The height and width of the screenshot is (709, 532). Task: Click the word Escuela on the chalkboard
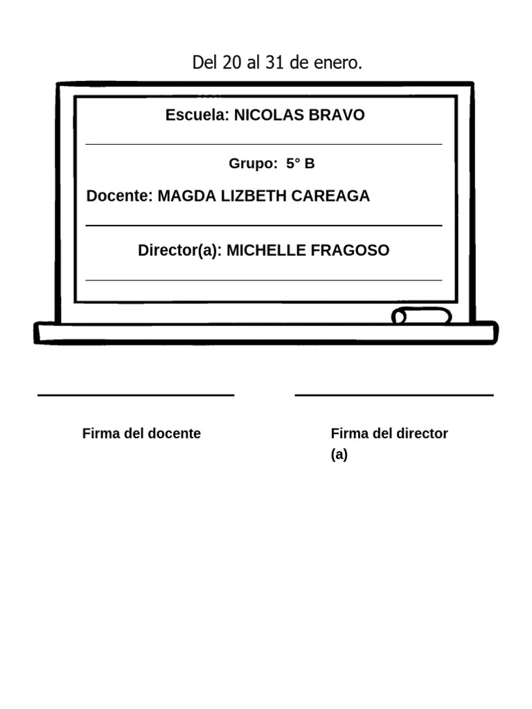point(197,115)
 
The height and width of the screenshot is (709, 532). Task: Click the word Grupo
point(252,163)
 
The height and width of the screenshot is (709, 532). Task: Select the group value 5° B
point(301,163)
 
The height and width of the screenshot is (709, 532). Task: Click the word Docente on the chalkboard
point(118,196)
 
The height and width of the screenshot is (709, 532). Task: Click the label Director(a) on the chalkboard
point(179,250)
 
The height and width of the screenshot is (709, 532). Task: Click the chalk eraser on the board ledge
point(421,316)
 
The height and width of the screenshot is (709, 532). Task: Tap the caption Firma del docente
point(141,433)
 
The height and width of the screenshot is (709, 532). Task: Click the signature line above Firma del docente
point(136,395)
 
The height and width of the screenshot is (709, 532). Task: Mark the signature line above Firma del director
point(394,395)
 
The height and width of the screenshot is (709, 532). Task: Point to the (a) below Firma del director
point(339,455)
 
